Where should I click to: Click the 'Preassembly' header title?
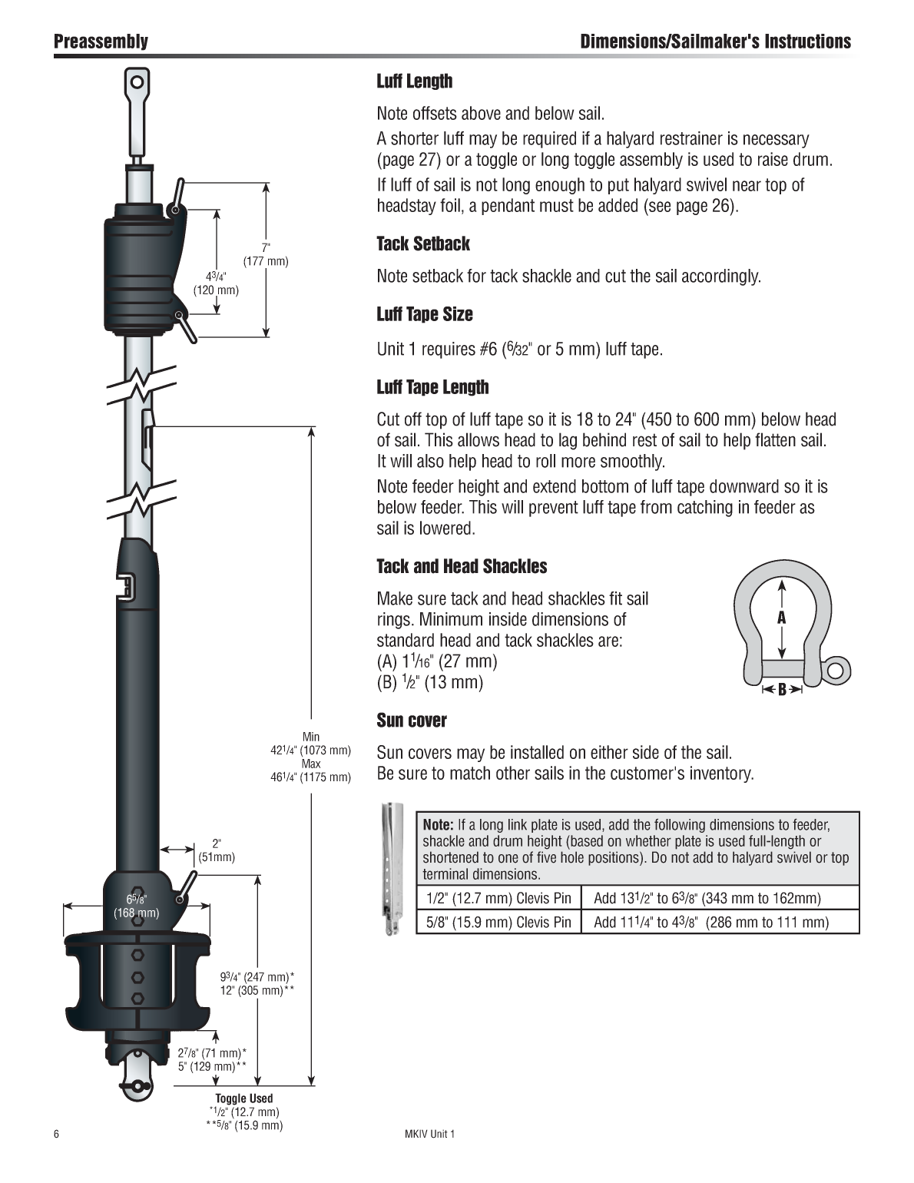101,41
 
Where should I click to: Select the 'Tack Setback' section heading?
423,244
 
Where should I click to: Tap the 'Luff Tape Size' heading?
425,314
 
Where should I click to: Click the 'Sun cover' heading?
412,721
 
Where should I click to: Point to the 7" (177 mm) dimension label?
266,254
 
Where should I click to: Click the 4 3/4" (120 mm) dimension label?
216,283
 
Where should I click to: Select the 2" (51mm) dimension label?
217,850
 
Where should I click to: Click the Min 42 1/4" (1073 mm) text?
311,744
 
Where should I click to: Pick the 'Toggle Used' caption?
244,1098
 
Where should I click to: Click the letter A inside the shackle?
782,618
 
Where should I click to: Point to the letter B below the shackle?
782,690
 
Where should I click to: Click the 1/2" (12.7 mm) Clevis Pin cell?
498,898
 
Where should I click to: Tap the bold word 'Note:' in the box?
438,825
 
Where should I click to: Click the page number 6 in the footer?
57,1134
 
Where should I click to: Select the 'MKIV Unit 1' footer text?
429,1134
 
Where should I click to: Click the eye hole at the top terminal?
137,82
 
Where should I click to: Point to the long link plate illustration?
392,868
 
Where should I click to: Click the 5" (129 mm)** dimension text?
212,1066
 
